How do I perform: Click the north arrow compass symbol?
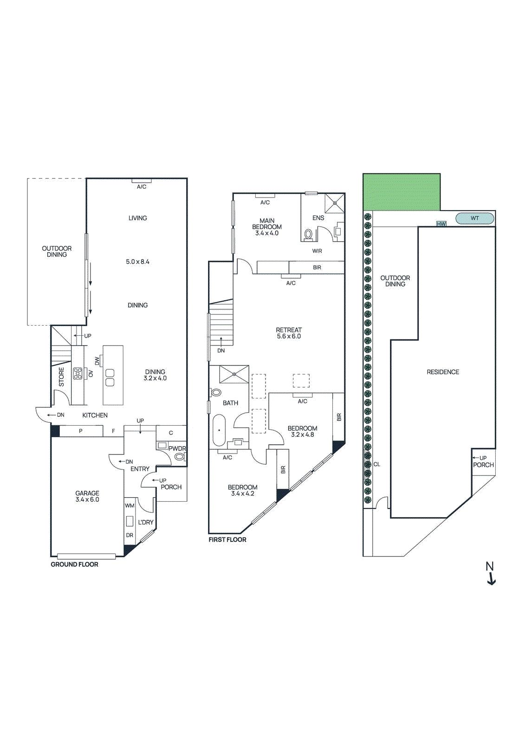coord(490,573)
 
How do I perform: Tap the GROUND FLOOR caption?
coord(74,564)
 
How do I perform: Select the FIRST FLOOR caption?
coord(227,539)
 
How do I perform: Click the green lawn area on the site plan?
coord(401,192)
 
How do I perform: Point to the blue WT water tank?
coord(474,218)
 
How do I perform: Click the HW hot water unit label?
coord(441,224)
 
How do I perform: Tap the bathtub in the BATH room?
coord(219,430)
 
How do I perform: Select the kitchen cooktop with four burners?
coord(78,374)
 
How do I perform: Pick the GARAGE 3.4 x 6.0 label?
coord(87,496)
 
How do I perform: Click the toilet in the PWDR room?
coord(179,457)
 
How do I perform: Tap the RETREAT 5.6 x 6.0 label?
coord(289,333)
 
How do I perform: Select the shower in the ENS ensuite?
coord(335,203)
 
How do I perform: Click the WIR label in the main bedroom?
coord(317,251)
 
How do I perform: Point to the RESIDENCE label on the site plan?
coord(442,372)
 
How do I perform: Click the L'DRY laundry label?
coord(145,522)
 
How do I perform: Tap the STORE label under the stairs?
coord(61,377)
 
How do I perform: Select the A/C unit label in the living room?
coord(142,186)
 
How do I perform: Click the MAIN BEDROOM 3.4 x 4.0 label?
coord(267,227)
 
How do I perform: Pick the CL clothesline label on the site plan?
coord(376,464)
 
